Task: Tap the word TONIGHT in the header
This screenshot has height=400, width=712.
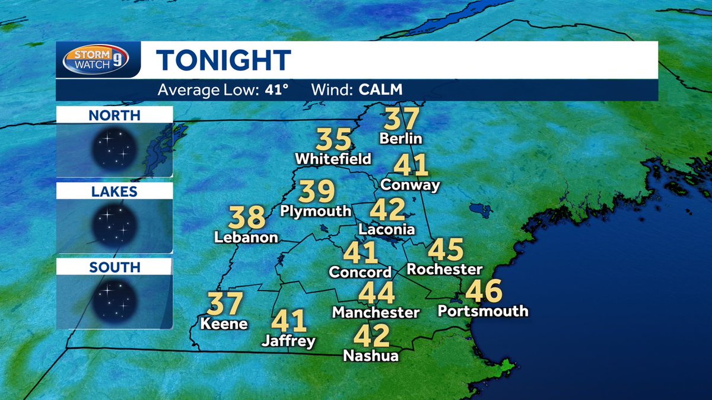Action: (224, 60)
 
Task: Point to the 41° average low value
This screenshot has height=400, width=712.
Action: (276, 91)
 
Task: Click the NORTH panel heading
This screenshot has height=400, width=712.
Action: (115, 115)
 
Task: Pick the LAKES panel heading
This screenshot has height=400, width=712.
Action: (115, 191)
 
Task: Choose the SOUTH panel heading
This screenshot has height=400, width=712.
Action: (115, 268)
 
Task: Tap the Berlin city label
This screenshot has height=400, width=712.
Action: (401, 139)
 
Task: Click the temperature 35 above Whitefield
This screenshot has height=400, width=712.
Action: (334, 140)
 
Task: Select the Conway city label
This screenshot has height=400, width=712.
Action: (411, 185)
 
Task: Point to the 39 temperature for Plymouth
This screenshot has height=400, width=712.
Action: (317, 191)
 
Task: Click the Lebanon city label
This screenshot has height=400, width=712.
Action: (247, 238)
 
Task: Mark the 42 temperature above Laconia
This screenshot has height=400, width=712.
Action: (387, 210)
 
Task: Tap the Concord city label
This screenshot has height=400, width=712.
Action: (361, 273)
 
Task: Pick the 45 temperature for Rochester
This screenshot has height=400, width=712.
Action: (445, 249)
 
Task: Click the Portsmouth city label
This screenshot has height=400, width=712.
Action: (482, 311)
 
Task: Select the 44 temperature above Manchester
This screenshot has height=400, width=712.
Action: (377, 293)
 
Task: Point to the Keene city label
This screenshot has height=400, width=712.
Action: (224, 324)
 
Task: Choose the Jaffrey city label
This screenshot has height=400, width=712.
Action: (289, 341)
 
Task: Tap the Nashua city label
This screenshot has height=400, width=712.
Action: (371, 356)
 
